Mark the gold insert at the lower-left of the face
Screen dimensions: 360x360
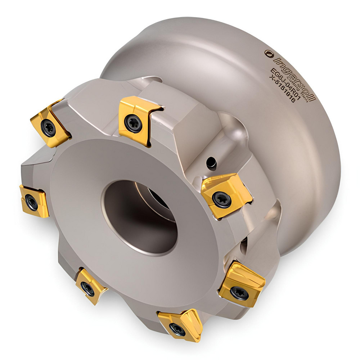pyautogui.click(x=90, y=284)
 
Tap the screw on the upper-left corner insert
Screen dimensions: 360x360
pyautogui.click(x=48, y=127)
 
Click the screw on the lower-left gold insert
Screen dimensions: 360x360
pyautogui.click(x=87, y=288)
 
